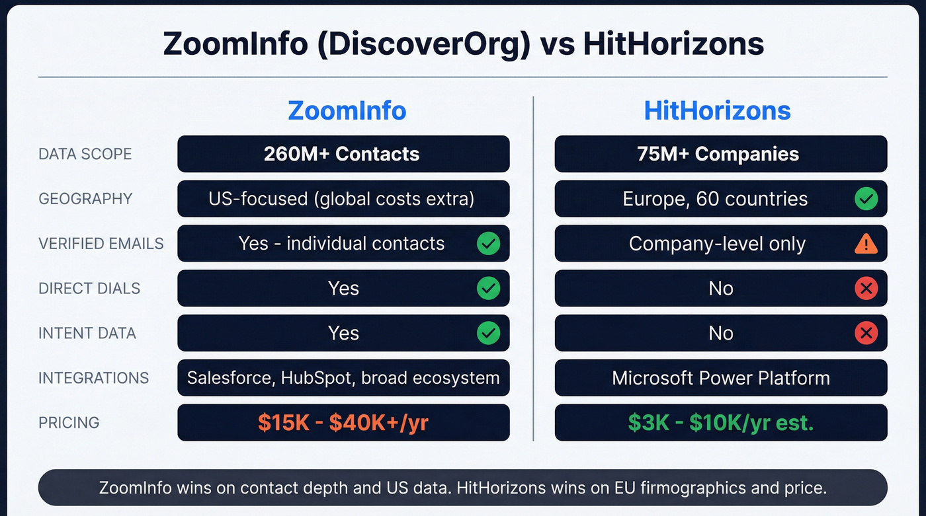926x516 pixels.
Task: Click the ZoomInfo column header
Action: (347, 110)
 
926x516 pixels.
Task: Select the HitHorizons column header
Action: (717, 110)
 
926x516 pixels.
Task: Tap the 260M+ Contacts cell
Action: (342, 154)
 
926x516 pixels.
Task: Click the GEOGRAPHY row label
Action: (85, 199)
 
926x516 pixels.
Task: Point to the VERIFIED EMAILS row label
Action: (101, 244)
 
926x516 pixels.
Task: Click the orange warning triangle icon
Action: (866, 244)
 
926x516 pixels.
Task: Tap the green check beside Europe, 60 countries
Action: (866, 199)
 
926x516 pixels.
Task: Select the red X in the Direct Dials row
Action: (866, 288)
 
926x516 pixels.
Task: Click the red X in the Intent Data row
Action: (866, 333)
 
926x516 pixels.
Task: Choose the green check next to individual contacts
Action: (489, 244)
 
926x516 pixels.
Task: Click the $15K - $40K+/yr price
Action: (343, 423)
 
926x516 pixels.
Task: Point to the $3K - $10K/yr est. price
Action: (720, 423)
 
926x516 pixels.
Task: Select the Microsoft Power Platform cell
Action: (720, 378)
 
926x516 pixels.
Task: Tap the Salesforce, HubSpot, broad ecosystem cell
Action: (343, 378)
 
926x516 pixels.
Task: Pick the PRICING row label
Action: (69, 423)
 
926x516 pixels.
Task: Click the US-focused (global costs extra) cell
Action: (341, 199)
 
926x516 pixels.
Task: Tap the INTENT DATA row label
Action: (87, 333)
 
